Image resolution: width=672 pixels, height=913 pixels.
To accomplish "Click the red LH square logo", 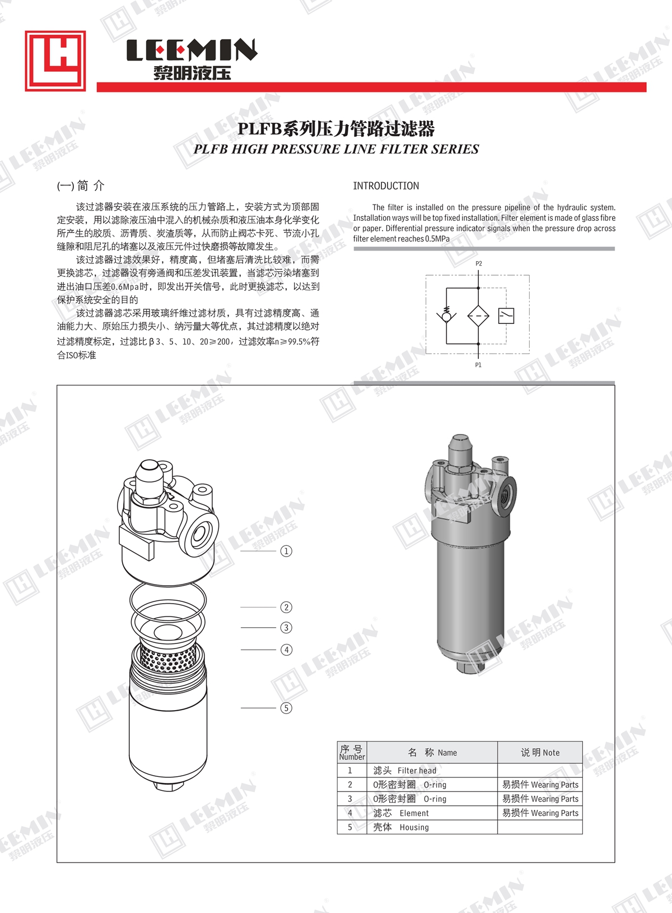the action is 55,61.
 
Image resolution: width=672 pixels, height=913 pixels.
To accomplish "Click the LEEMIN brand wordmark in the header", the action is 192,50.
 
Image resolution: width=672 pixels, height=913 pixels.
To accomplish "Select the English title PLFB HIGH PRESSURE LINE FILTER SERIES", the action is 336,149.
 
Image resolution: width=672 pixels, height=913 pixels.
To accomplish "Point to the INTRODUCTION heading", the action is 386,186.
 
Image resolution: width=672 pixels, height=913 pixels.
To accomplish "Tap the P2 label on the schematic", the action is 479,264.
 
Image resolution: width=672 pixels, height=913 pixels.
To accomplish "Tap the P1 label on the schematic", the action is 478,365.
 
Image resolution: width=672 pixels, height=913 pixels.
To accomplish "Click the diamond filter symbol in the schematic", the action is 478,316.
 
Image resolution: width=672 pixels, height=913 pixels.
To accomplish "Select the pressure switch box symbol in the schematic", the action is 506,316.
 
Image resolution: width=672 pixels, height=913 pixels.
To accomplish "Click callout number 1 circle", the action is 286,551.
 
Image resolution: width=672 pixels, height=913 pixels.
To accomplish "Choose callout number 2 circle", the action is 286,608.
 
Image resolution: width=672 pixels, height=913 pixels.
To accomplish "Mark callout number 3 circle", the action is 286,627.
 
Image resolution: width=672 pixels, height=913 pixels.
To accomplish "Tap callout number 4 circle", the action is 286,650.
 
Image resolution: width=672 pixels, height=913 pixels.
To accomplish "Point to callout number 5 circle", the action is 286,708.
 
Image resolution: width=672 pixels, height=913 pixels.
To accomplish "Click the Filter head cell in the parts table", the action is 432,770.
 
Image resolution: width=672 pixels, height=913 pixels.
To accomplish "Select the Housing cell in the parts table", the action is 432,827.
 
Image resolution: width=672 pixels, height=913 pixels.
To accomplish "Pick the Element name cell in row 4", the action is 432,813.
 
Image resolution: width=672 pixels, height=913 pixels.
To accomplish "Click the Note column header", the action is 540,752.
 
